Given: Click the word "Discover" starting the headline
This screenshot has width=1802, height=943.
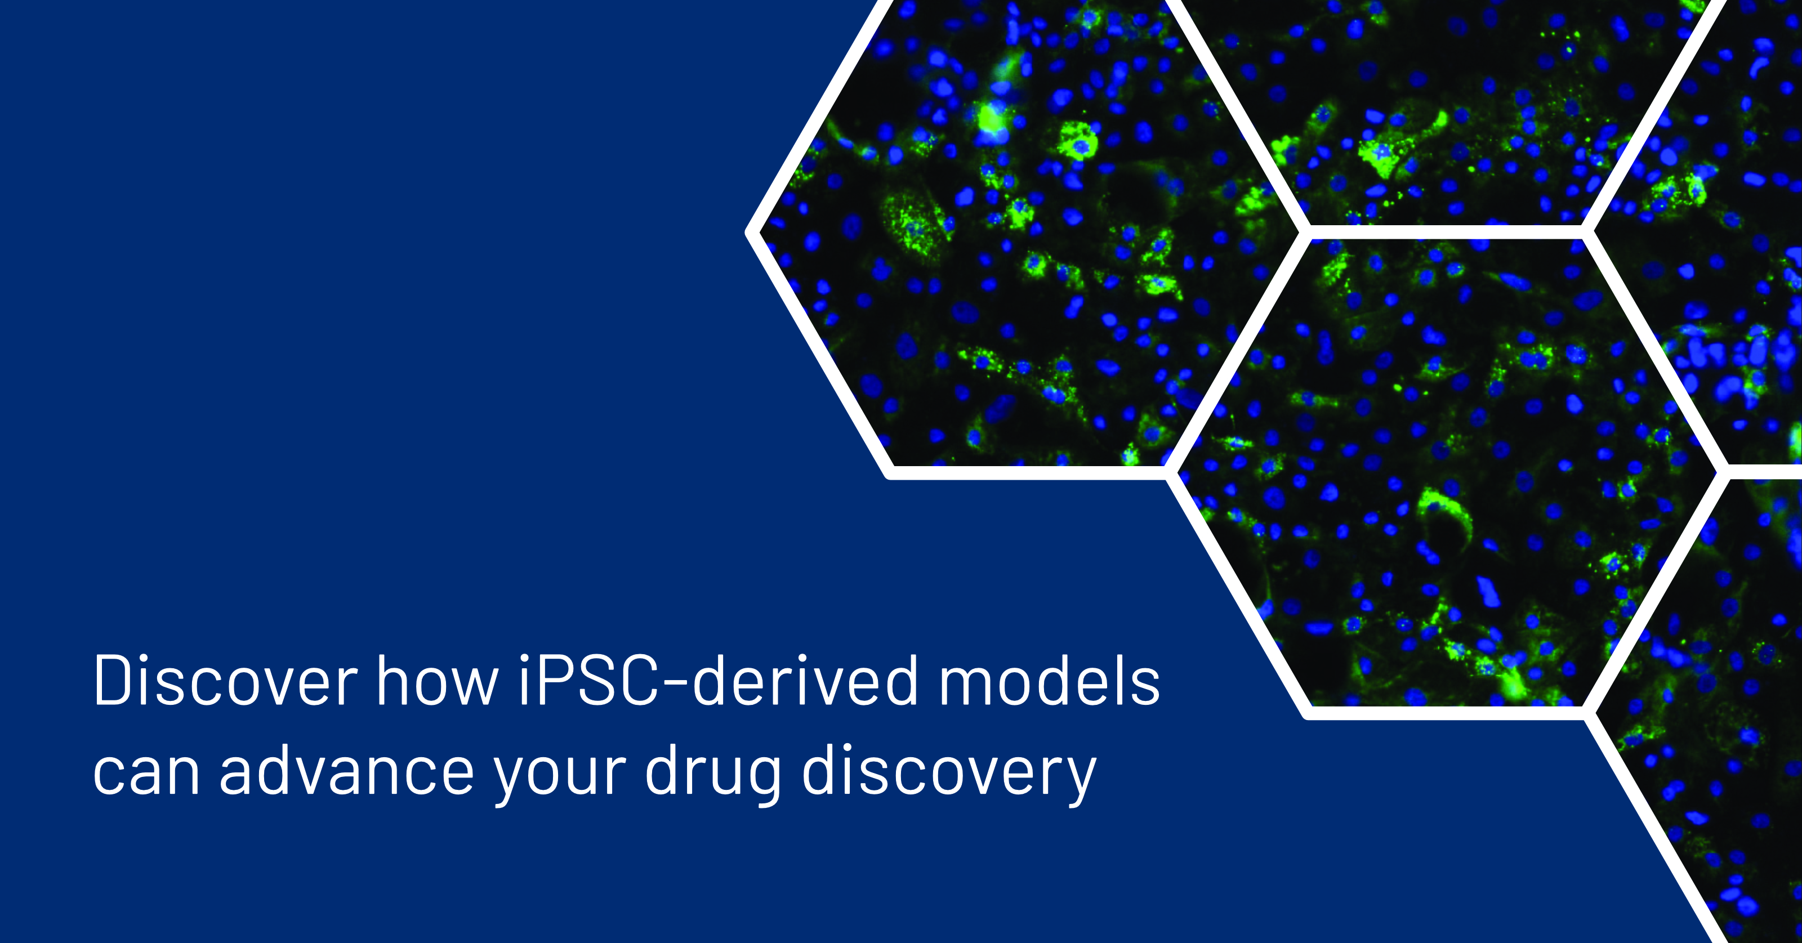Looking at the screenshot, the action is [x=225, y=681].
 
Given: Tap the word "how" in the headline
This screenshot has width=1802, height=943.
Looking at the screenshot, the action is [x=438, y=681].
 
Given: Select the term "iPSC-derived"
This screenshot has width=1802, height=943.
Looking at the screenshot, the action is [x=719, y=681].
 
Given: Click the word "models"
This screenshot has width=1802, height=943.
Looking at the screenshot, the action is [x=1049, y=681].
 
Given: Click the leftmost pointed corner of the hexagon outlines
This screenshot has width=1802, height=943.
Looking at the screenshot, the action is [x=748, y=233].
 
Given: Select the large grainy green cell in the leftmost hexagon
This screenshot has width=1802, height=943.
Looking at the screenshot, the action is [x=913, y=222].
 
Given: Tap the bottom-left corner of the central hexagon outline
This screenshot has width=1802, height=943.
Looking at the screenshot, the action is [x=1305, y=713].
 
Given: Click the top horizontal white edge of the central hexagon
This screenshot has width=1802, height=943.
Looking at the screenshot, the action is [x=1447, y=233].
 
